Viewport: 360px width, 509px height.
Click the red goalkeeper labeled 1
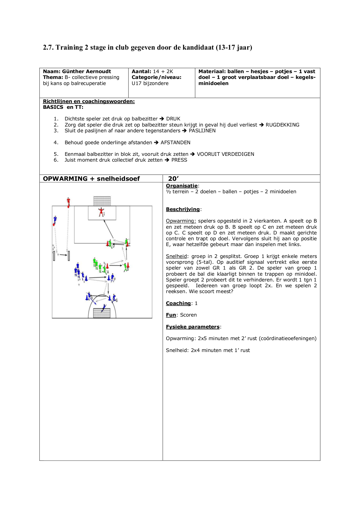click(101, 212)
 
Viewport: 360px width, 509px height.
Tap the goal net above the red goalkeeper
click(102, 201)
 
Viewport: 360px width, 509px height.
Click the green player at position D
click(110, 243)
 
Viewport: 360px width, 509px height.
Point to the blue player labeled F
click(112, 278)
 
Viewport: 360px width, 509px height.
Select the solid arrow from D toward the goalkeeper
click(109, 229)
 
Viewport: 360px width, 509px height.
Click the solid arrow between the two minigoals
click(63, 255)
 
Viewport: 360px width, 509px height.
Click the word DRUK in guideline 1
click(173, 119)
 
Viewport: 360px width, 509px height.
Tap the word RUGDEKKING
click(282, 125)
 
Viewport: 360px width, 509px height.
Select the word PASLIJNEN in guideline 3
click(202, 131)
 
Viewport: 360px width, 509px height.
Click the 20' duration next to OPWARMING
click(173, 179)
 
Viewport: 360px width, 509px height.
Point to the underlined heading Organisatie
click(182, 186)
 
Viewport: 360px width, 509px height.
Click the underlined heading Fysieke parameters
click(193, 327)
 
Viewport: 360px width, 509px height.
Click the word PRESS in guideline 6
click(179, 160)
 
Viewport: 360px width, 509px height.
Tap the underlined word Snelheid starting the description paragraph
click(176, 256)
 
